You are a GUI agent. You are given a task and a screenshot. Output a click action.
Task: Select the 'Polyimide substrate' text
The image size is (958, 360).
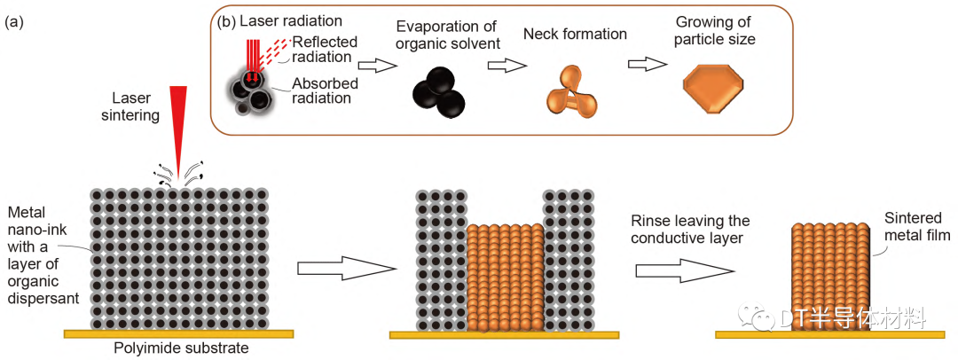tap(181, 348)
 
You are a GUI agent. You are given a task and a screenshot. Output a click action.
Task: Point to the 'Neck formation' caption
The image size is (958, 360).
tap(575, 35)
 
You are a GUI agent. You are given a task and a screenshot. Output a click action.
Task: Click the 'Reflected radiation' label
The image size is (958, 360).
tap(323, 49)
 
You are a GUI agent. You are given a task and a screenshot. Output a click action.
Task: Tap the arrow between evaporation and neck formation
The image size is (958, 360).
tap(503, 65)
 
